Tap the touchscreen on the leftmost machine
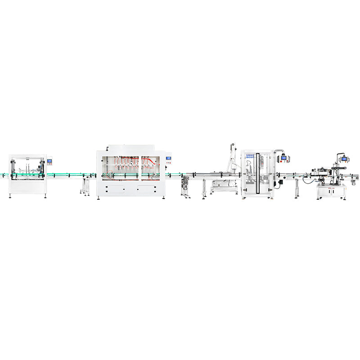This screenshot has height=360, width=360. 50,161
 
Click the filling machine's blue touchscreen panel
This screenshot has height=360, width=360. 169,159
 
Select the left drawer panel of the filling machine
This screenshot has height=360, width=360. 114,189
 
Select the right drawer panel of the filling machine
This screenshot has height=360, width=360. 146,189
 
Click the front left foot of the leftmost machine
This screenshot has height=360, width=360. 10,195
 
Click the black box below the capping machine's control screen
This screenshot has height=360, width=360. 279,182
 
